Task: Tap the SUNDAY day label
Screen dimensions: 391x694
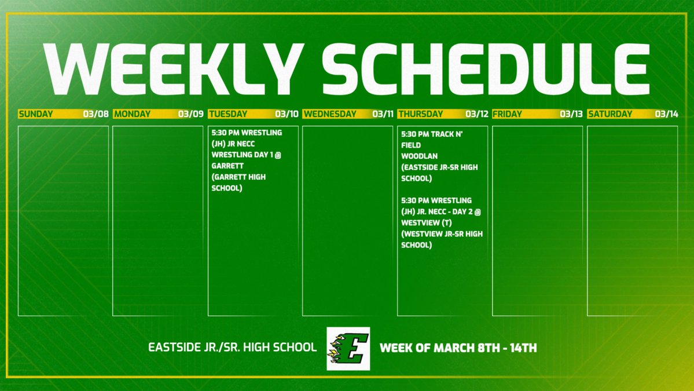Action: pyautogui.click(x=35, y=114)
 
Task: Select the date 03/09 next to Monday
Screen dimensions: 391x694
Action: pyautogui.click(x=191, y=114)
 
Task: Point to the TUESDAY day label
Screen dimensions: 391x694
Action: pyautogui.click(x=227, y=114)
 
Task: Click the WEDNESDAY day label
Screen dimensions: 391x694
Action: pyautogui.click(x=329, y=114)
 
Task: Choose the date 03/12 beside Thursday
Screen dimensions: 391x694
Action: pyautogui.click(x=476, y=114)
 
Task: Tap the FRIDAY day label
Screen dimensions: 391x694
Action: pyautogui.click(x=507, y=114)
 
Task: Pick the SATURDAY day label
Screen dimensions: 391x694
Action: pyautogui.click(x=610, y=114)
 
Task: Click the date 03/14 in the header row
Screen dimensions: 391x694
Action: pyautogui.click(x=666, y=114)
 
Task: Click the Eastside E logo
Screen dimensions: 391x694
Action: pyautogui.click(x=348, y=348)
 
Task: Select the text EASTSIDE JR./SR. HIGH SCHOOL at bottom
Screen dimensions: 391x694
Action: pyautogui.click(x=233, y=348)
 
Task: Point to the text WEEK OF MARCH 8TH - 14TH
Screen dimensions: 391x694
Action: pyautogui.click(x=458, y=348)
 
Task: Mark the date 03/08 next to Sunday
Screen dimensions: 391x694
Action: pyautogui.click(x=96, y=114)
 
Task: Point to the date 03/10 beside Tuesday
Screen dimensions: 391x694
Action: pyautogui.click(x=287, y=114)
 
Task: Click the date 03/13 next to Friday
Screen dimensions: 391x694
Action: pyautogui.click(x=571, y=114)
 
